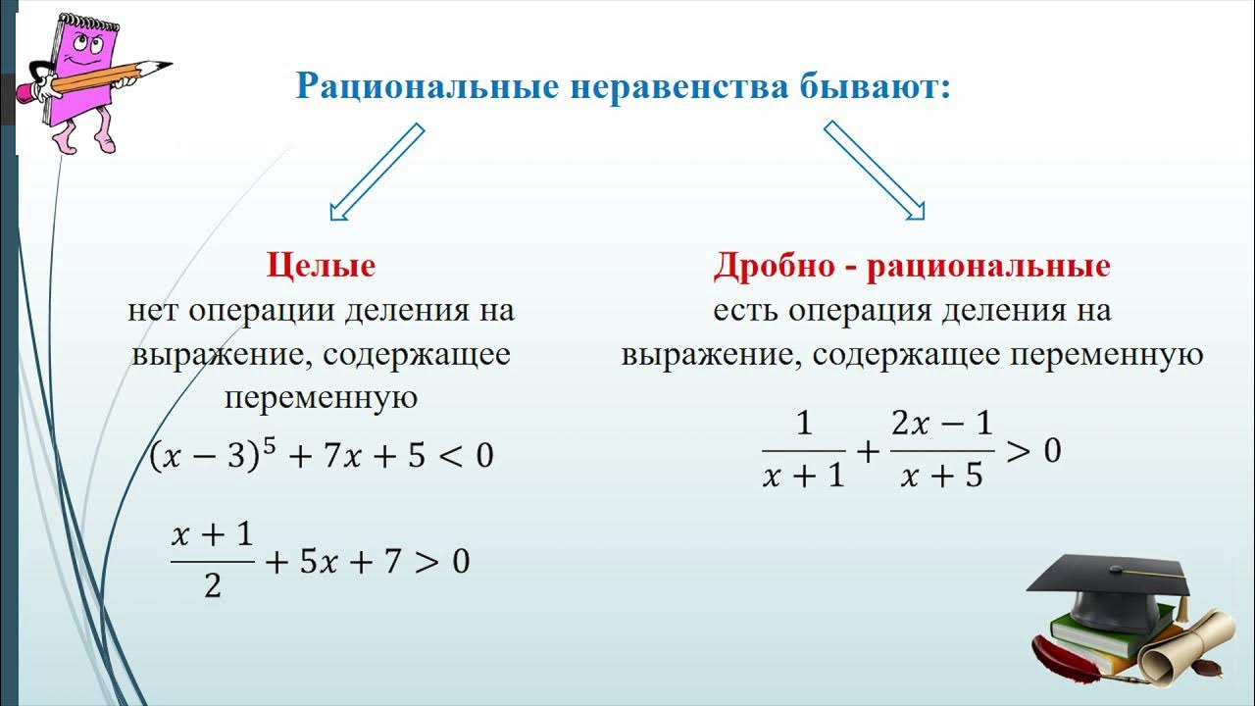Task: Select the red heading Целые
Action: [321, 266]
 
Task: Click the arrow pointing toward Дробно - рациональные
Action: [876, 172]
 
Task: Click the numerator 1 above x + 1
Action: [804, 425]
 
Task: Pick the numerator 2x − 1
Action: [941, 425]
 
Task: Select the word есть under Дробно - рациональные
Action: [745, 311]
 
